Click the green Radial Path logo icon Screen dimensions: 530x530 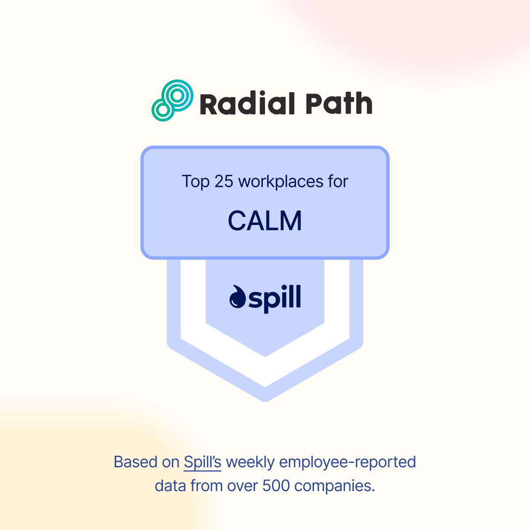point(172,100)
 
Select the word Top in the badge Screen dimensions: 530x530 point(195,182)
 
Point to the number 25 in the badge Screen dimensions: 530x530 point(223,182)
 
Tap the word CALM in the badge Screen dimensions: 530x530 point(265,221)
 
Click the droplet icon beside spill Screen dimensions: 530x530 point(238,297)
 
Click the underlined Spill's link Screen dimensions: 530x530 point(202,462)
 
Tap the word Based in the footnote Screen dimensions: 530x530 point(133,462)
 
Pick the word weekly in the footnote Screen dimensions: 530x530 point(250,462)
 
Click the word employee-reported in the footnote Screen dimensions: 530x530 point(348,462)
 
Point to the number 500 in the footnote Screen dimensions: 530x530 point(276,486)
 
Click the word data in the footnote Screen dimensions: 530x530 point(170,486)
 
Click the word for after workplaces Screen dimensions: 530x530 point(338,182)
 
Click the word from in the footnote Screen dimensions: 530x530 point(207,486)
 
